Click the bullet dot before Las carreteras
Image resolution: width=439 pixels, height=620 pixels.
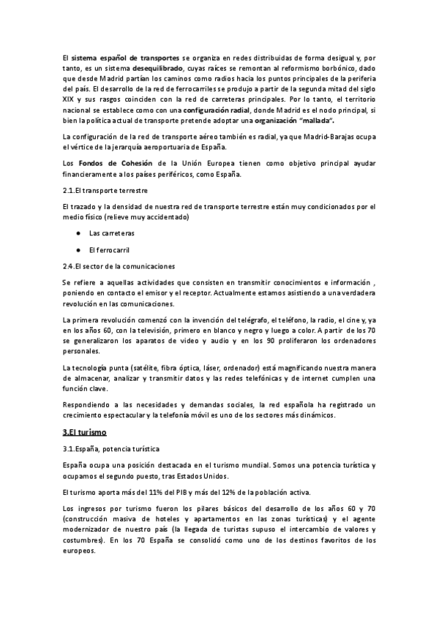pos(78,233)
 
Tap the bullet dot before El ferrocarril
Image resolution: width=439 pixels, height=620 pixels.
pos(78,250)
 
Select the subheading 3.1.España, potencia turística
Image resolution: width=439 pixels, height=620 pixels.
pos(110,448)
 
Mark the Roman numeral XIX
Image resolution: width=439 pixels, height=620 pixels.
pos(70,99)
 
